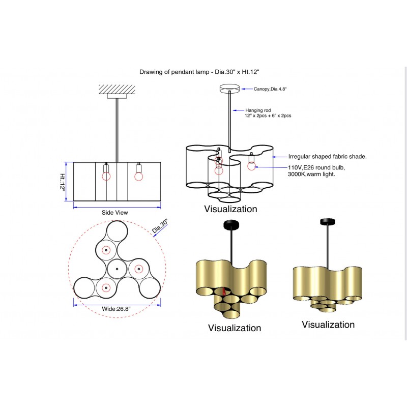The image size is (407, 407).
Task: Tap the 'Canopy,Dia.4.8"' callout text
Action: click(x=270, y=89)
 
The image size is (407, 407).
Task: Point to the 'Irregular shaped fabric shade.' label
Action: click(x=327, y=157)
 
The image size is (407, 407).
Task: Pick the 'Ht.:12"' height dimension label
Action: click(x=63, y=182)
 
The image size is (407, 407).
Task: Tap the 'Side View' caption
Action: click(x=114, y=213)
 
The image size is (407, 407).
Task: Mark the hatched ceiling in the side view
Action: click(x=117, y=88)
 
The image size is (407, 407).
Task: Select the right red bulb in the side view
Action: click(x=138, y=176)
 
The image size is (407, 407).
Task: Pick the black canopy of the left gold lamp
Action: click(x=231, y=224)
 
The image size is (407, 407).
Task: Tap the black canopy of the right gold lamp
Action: click(x=327, y=222)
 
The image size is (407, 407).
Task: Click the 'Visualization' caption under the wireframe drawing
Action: click(x=230, y=209)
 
